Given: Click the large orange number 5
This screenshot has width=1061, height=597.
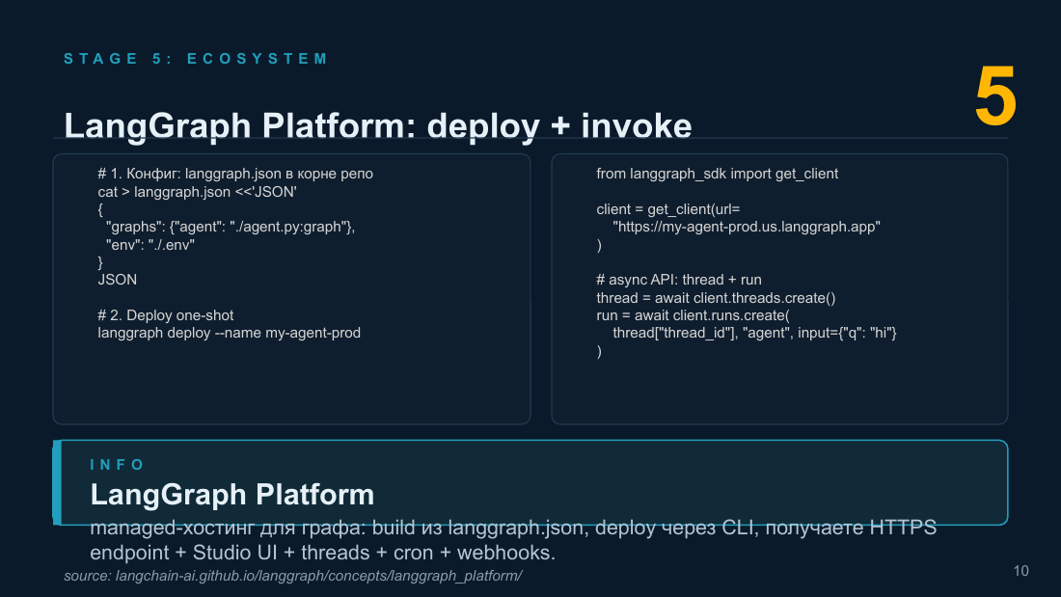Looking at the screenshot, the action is coord(995,96).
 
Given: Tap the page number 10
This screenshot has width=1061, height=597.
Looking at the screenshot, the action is coord(1021,571).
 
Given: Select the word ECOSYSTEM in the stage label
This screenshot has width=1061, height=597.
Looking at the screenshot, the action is coord(258,59).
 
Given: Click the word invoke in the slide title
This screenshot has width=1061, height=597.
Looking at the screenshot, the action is coord(636,126).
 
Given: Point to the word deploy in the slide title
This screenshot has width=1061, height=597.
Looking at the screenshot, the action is coord(483,126).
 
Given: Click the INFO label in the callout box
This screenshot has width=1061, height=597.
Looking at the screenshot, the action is coord(117,464).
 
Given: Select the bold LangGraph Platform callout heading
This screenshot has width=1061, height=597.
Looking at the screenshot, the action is coord(232,495).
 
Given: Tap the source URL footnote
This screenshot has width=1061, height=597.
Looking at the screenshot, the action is coord(293,576).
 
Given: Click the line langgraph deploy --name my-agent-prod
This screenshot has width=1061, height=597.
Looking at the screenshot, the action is coord(230,333).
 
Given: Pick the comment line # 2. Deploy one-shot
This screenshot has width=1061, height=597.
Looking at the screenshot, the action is coord(166,315).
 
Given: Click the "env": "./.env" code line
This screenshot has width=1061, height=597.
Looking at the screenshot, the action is coord(150,245).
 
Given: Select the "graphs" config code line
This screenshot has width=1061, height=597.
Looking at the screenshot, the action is coord(231,227).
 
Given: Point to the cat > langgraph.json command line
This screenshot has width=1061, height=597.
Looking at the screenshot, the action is coord(197,192).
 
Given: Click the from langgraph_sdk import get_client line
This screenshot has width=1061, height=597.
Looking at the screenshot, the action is coord(718,174).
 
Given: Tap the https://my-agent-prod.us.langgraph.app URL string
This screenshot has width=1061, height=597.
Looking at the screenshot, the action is coord(747,227).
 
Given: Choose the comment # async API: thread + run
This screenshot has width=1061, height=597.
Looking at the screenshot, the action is coord(679,281).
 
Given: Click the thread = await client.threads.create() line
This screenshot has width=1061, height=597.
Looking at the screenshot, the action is coord(716,298).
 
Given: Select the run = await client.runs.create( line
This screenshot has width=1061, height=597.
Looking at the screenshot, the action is coord(693,315).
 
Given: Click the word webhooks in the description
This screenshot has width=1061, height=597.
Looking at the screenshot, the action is coord(506,553).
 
